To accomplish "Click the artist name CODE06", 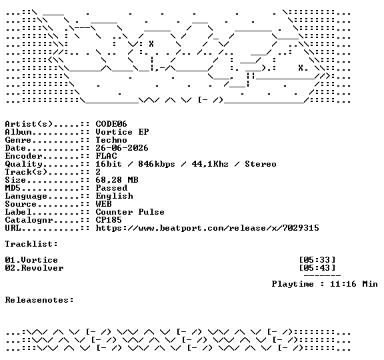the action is [111, 124].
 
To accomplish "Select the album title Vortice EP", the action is [122, 132].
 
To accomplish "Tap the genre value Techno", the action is [111, 140].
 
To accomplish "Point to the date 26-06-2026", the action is [122, 148].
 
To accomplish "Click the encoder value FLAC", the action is [106, 156].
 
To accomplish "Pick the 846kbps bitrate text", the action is [157, 164].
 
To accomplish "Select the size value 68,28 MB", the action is [117, 180].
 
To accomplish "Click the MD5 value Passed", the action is [111, 188].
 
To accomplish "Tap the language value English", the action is [115, 196].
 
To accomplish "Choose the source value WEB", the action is [103, 204].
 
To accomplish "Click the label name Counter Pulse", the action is [130, 212].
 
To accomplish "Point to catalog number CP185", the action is [109, 220].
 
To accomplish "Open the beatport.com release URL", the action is [207, 228].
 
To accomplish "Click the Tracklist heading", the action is [31, 244].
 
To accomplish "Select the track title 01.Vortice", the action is [31, 260].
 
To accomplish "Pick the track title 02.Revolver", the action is [34, 268].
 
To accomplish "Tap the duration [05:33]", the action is [317, 260].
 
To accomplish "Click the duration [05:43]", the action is [317, 268].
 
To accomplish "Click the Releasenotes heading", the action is [39, 300].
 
